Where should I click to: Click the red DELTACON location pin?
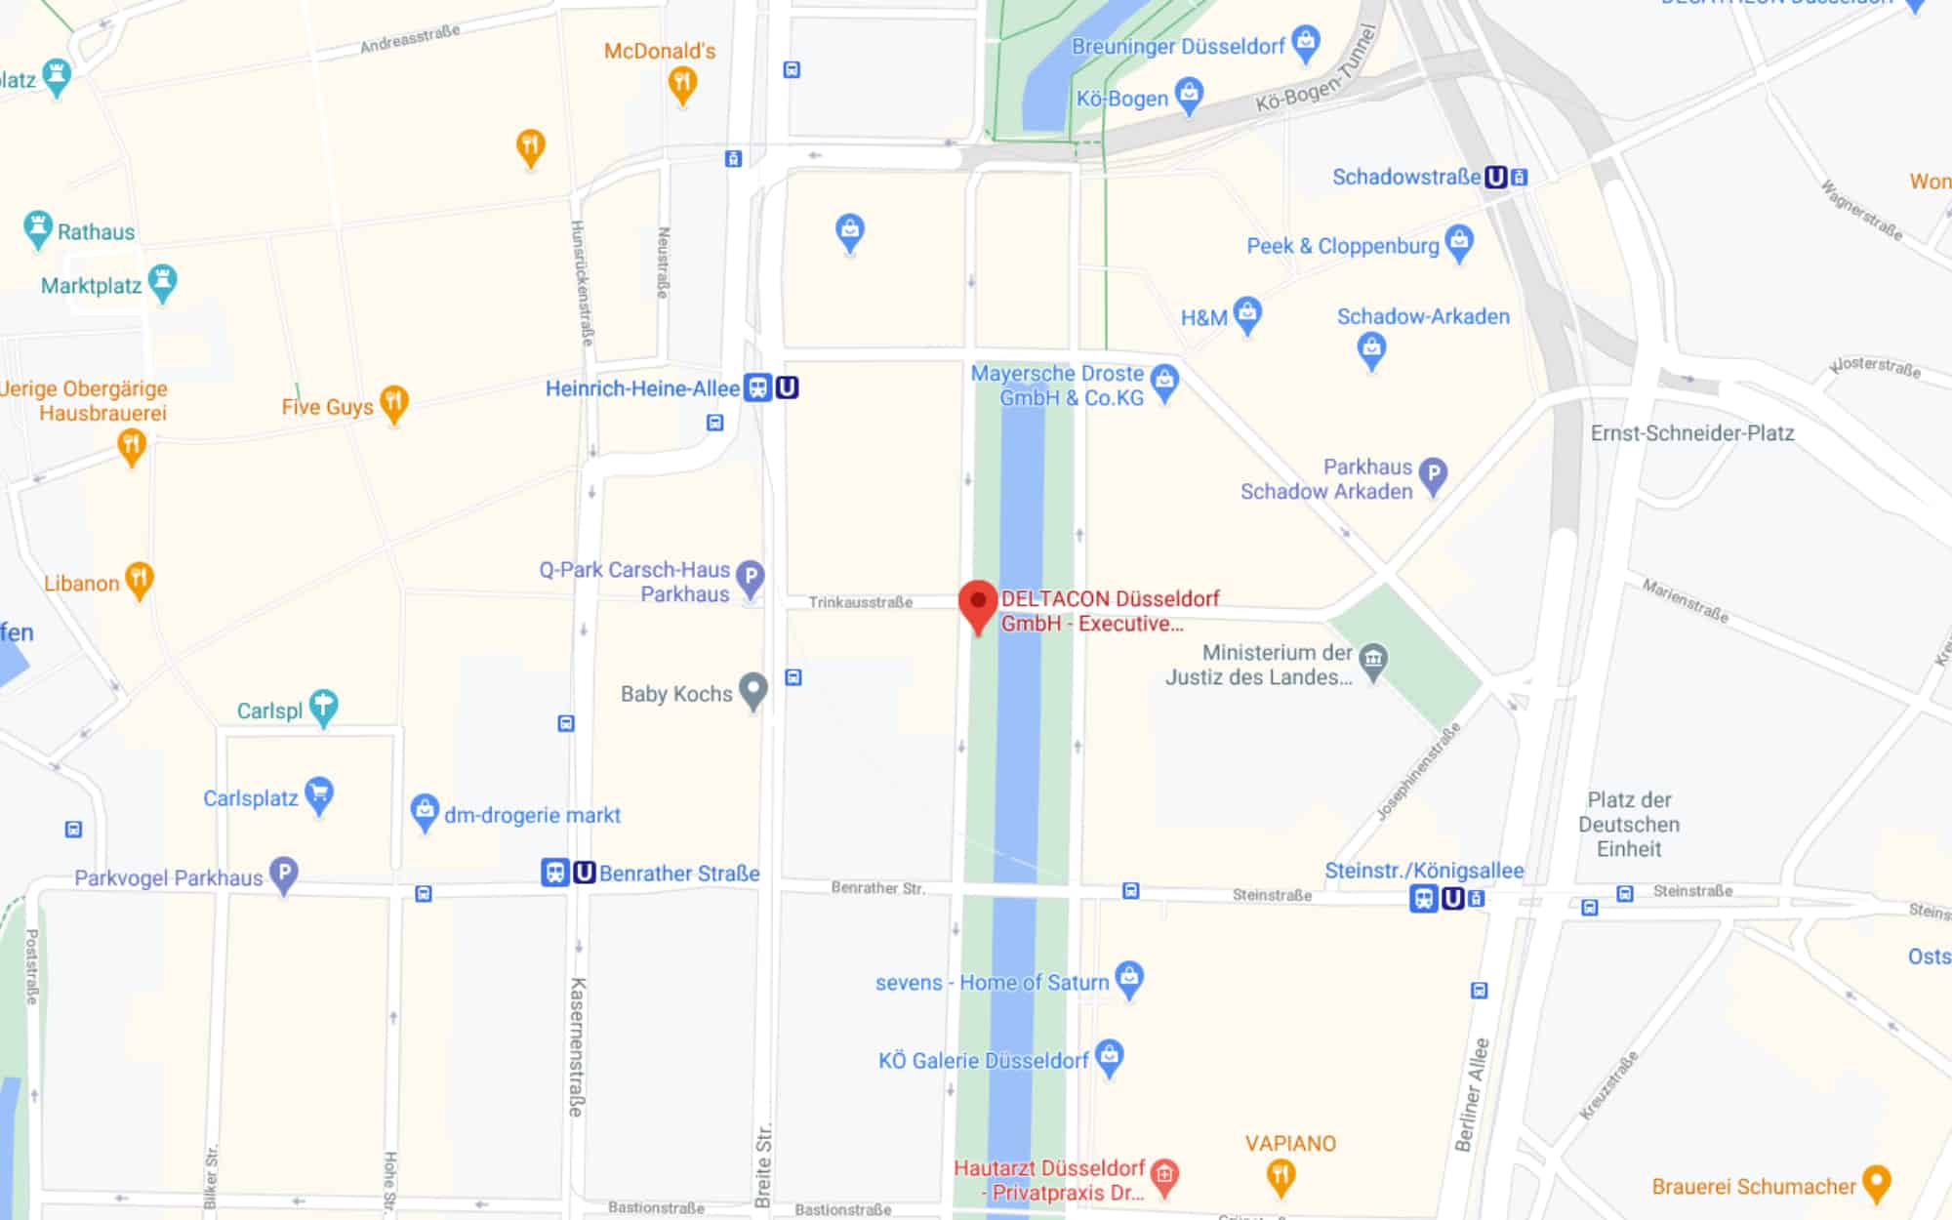[977, 604]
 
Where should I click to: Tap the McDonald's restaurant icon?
[682, 84]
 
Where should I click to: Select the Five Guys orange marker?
[393, 402]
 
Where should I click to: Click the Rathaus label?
[96, 232]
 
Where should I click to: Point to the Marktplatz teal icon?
[162, 282]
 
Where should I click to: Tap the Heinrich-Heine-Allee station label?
[642, 388]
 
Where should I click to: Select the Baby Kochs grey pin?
[752, 691]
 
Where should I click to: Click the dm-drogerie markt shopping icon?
[425, 810]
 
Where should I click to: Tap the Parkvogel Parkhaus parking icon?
[283, 874]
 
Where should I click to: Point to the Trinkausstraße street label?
[860, 602]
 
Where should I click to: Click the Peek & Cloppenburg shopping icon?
[1459, 242]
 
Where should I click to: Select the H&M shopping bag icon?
[1247, 314]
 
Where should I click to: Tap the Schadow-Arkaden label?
[1422, 316]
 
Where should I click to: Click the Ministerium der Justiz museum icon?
[1373, 661]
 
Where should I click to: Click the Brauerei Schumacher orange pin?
[1876, 1183]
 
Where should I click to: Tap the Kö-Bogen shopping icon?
[1189, 96]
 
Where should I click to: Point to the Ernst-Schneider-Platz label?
[1691, 433]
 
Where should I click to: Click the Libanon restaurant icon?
[139, 580]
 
